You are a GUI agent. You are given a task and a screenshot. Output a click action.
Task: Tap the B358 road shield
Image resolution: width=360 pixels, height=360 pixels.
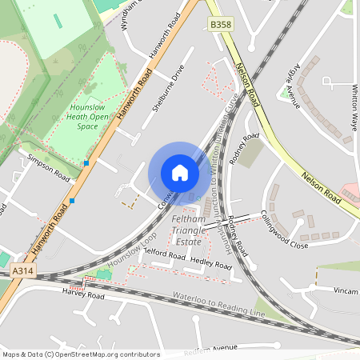pyautogui.click(x=221, y=26)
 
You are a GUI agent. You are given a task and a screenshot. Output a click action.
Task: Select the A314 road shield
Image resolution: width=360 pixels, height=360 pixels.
pyautogui.click(x=23, y=272)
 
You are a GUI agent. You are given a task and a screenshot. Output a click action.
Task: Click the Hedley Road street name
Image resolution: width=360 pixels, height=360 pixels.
pyautogui.click(x=211, y=262)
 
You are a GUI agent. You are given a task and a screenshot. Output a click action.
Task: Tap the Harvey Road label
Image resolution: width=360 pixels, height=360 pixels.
pyautogui.click(x=83, y=295)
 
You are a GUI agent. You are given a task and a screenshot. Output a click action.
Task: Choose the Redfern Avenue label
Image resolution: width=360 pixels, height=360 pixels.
pyautogui.click(x=212, y=350)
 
